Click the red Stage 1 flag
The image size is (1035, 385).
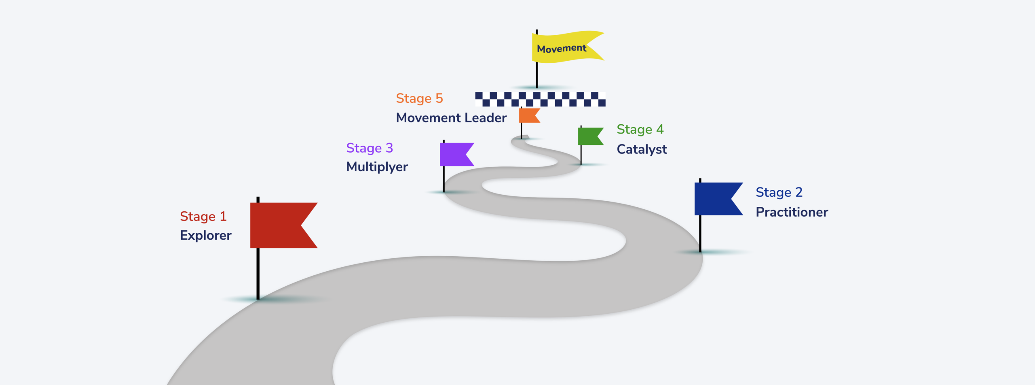pyautogui.click(x=279, y=225)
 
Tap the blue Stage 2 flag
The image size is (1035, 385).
pyautogui.click(x=714, y=199)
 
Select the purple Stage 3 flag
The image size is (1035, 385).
pyautogui.click(x=454, y=154)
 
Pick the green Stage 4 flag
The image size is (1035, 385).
pyautogui.click(x=588, y=136)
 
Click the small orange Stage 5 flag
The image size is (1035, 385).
pyautogui.click(x=527, y=115)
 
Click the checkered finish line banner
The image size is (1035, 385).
pyautogui.click(x=540, y=99)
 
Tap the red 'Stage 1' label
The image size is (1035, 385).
pyautogui.click(x=203, y=217)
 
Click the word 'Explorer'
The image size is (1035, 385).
pyautogui.click(x=205, y=235)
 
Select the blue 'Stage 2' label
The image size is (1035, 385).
pyautogui.click(x=779, y=192)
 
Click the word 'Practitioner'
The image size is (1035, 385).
pyautogui.click(x=792, y=212)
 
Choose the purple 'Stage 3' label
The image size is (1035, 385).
pyautogui.click(x=369, y=148)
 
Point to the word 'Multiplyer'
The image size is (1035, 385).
pyautogui.click(x=377, y=167)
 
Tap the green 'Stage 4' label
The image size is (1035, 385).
pyautogui.click(x=640, y=130)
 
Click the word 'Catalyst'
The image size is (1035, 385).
pyautogui.click(x=642, y=149)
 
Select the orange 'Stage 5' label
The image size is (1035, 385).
pyautogui.click(x=419, y=98)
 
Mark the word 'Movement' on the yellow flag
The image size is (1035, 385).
pyautogui.click(x=561, y=49)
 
